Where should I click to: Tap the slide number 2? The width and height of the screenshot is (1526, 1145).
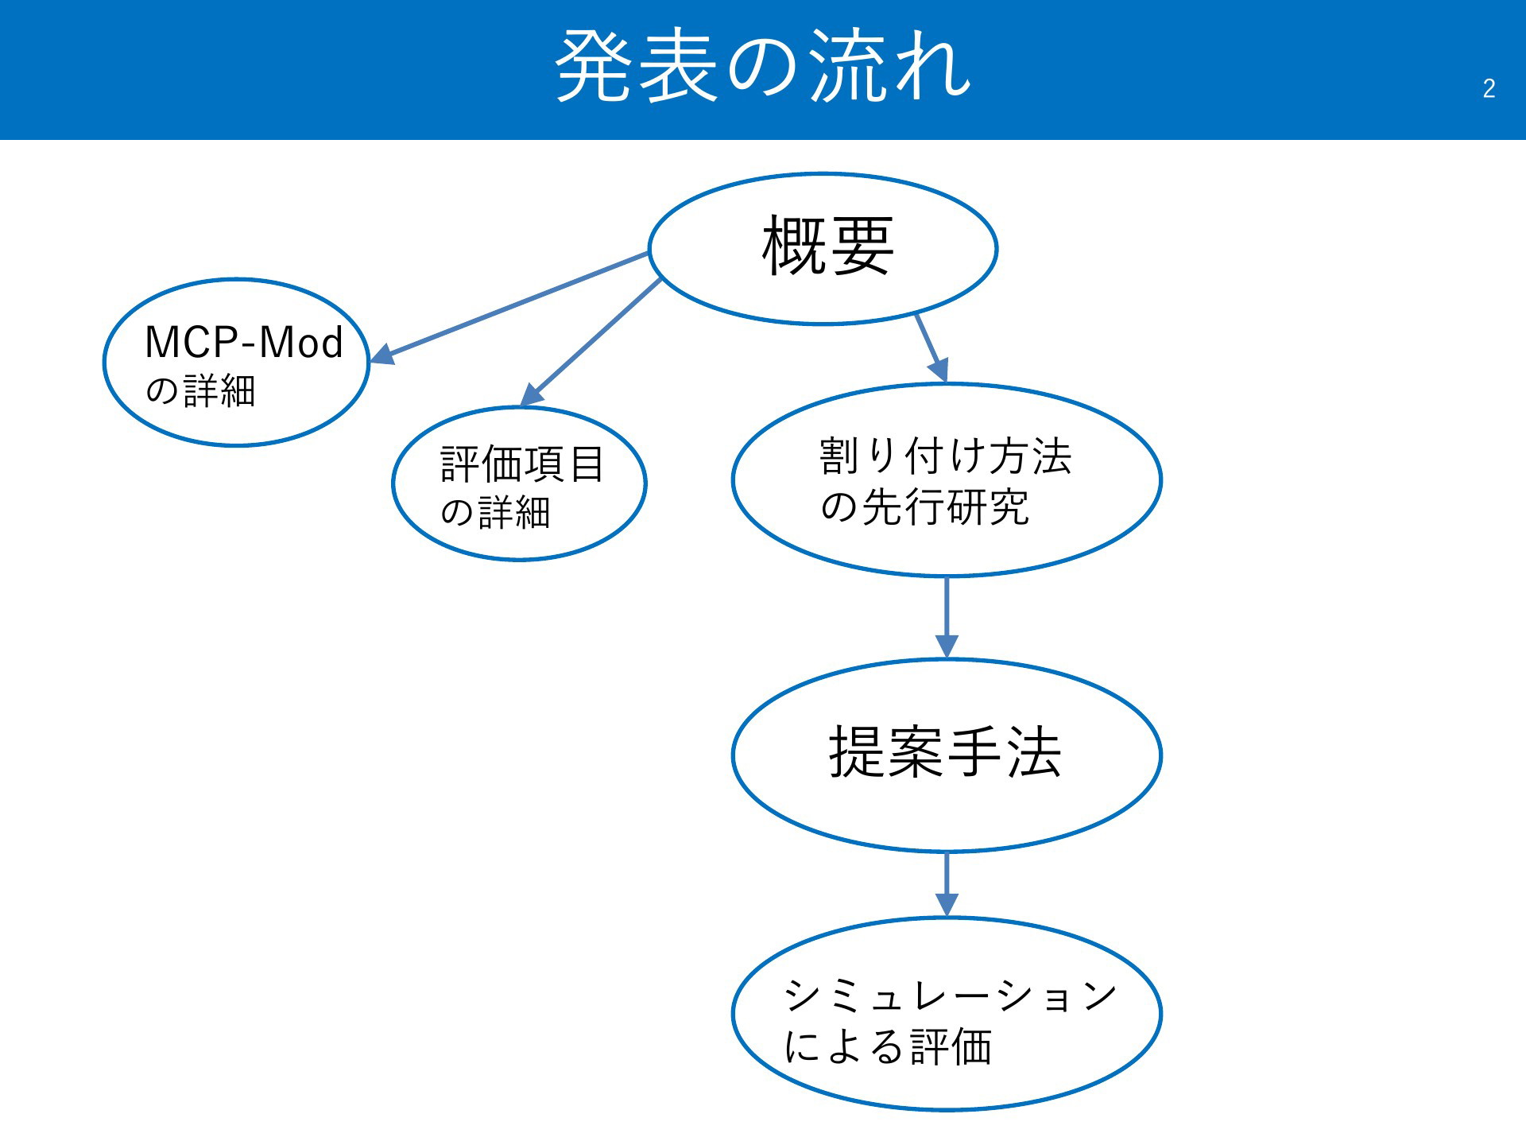[1489, 88]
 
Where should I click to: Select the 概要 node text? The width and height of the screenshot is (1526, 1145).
[827, 246]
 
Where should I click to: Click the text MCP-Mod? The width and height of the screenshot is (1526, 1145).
[244, 343]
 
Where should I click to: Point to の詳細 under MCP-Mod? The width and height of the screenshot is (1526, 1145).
[200, 391]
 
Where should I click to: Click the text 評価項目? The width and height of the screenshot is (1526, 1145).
[522, 464]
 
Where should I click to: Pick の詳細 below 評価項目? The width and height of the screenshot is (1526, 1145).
[495, 513]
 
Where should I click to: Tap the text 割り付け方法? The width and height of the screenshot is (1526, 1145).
[946, 456]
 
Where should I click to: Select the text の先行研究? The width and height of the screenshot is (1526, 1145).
[924, 507]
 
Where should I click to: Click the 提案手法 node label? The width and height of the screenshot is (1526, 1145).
[945, 752]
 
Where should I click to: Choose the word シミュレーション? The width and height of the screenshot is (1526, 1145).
[951, 996]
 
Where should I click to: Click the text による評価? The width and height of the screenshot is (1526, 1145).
[888, 1046]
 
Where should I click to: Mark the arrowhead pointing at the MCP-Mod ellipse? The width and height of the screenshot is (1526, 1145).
[382, 354]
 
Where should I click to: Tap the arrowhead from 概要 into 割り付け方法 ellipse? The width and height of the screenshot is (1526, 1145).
[939, 370]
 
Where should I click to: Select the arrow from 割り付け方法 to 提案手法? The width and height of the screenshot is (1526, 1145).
[947, 618]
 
